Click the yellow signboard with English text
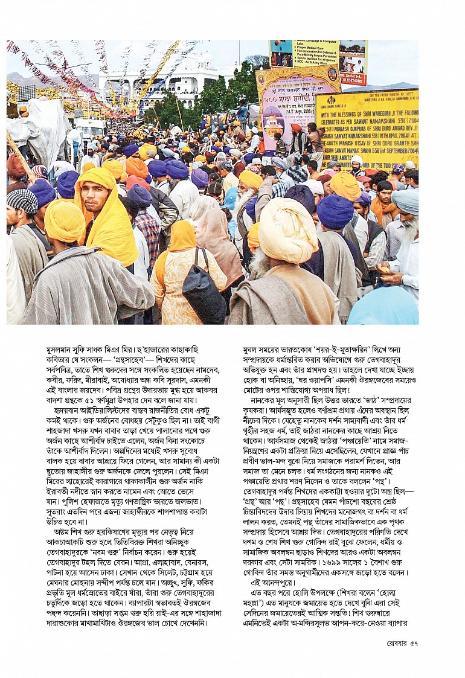366,127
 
